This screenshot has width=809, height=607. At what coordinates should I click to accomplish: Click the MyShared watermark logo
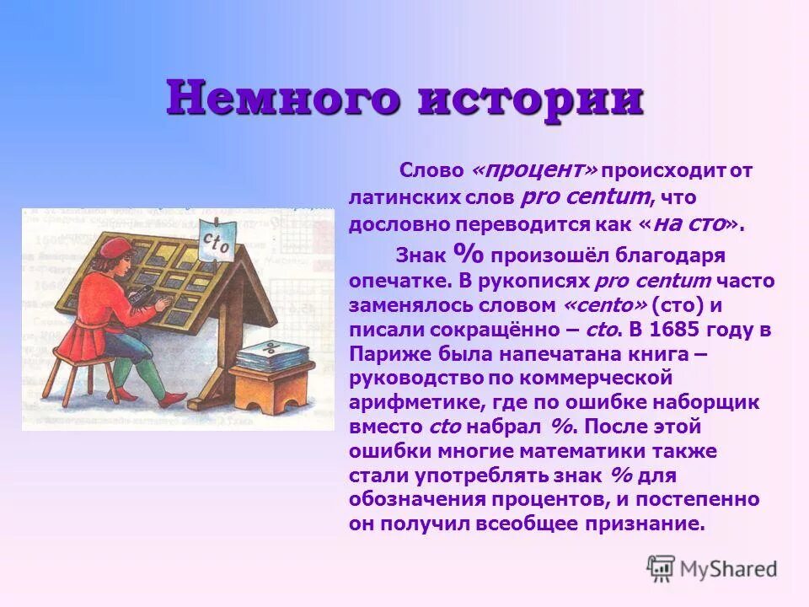click(711, 568)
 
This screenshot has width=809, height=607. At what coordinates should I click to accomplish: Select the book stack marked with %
click(268, 355)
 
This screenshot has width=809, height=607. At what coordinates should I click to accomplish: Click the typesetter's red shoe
click(125, 393)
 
